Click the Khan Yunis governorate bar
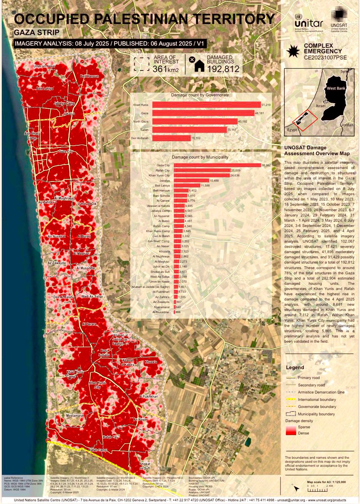[206, 105]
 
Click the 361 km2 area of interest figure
[166, 69]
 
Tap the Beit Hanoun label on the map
[89, 76]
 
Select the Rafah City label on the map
[111, 438]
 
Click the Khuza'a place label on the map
[150, 362]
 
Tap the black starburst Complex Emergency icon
[292, 51]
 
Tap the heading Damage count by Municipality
[200, 157]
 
